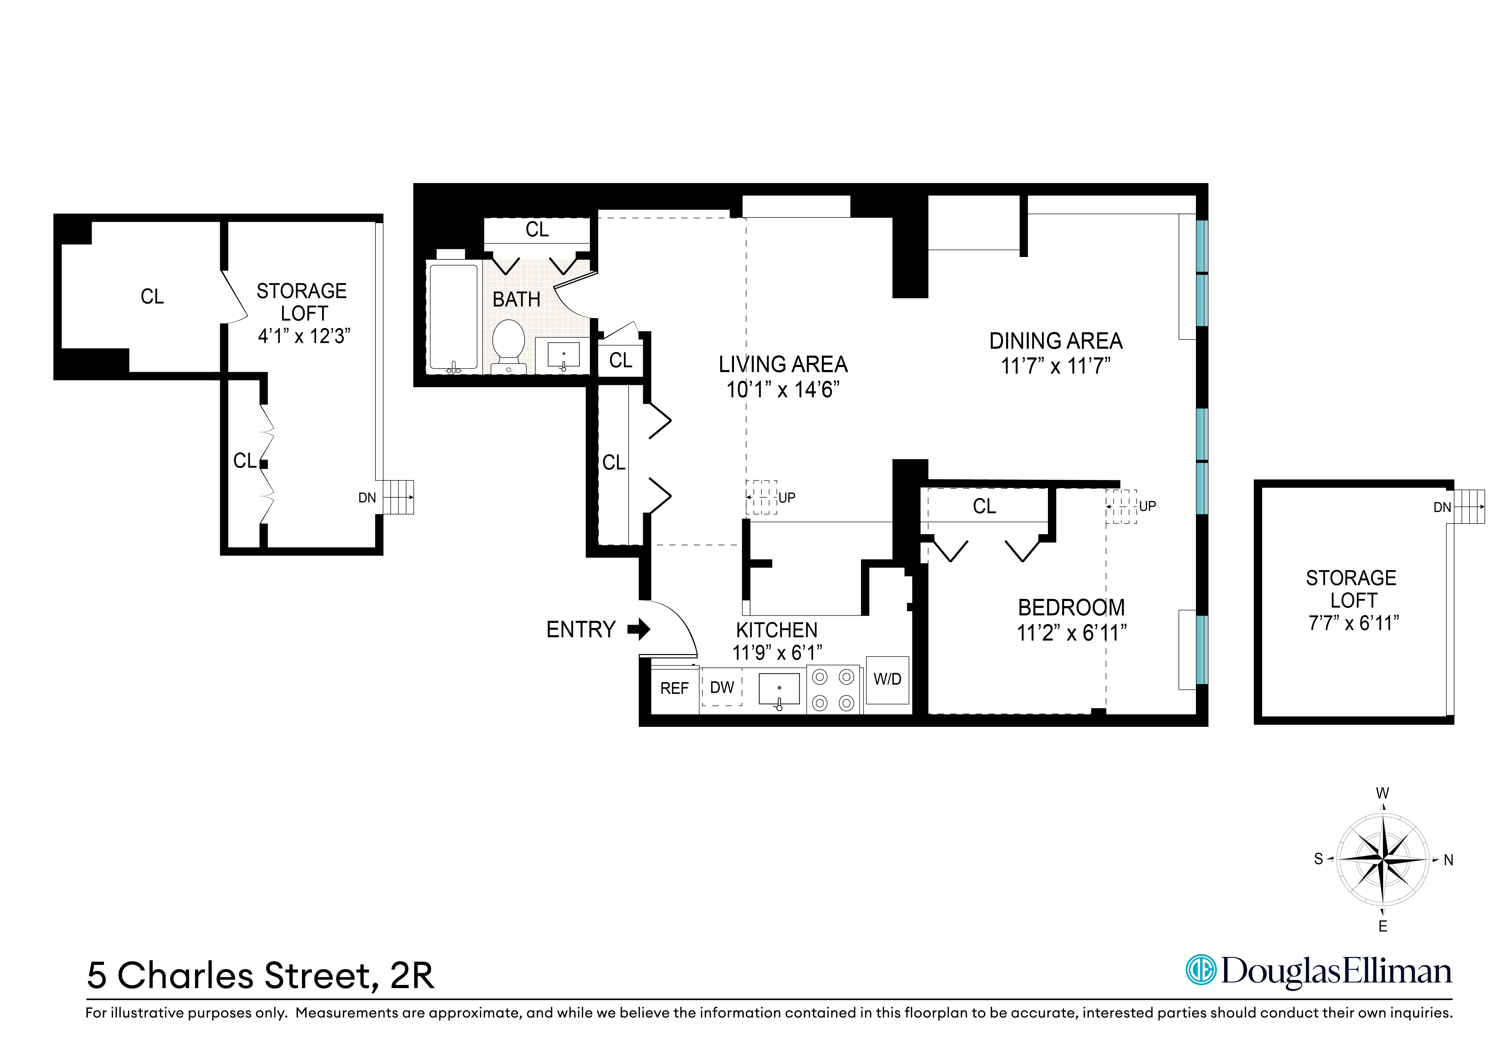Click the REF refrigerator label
pyautogui.click(x=674, y=688)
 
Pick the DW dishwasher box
pyautogui.click(x=722, y=687)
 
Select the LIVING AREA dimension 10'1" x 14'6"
pyautogui.click(x=783, y=390)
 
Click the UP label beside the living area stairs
pyautogui.click(x=787, y=498)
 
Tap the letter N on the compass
pyautogui.click(x=1449, y=860)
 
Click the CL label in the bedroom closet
pyautogui.click(x=984, y=506)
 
